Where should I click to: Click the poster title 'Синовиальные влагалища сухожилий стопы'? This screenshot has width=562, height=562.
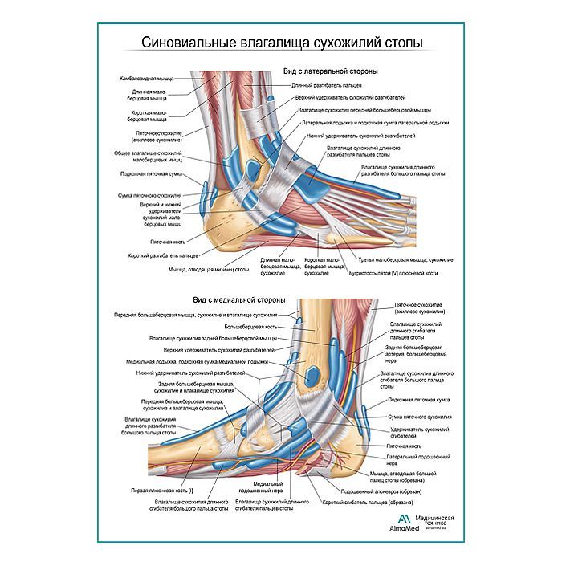tap(280, 41)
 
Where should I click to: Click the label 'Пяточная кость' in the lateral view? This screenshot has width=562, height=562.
tap(169, 240)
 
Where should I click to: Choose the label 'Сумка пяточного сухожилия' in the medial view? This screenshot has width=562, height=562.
tap(419, 417)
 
